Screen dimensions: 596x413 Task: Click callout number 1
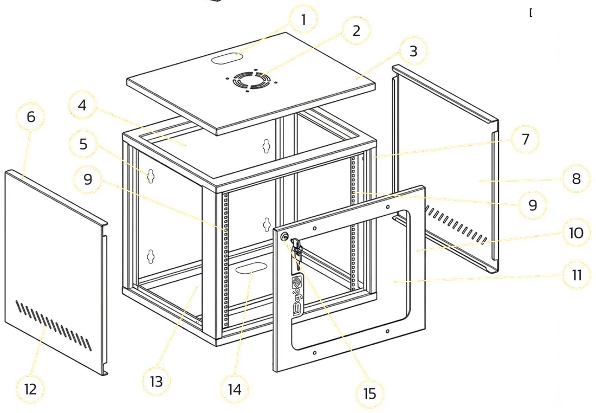[303, 20]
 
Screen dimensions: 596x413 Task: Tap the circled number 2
[356, 31]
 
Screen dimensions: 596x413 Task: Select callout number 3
[413, 51]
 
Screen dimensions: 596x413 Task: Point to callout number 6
[31, 117]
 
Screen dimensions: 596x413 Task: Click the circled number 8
[576, 178]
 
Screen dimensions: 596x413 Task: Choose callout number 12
[30, 389]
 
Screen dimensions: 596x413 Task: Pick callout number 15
[370, 394]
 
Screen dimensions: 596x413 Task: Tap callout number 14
[235, 389]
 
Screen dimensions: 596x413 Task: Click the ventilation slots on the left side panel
[54, 325]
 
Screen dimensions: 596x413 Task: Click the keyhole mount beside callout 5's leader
[151, 176]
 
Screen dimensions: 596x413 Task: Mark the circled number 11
[576, 275]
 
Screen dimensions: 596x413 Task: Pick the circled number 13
[156, 382]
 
